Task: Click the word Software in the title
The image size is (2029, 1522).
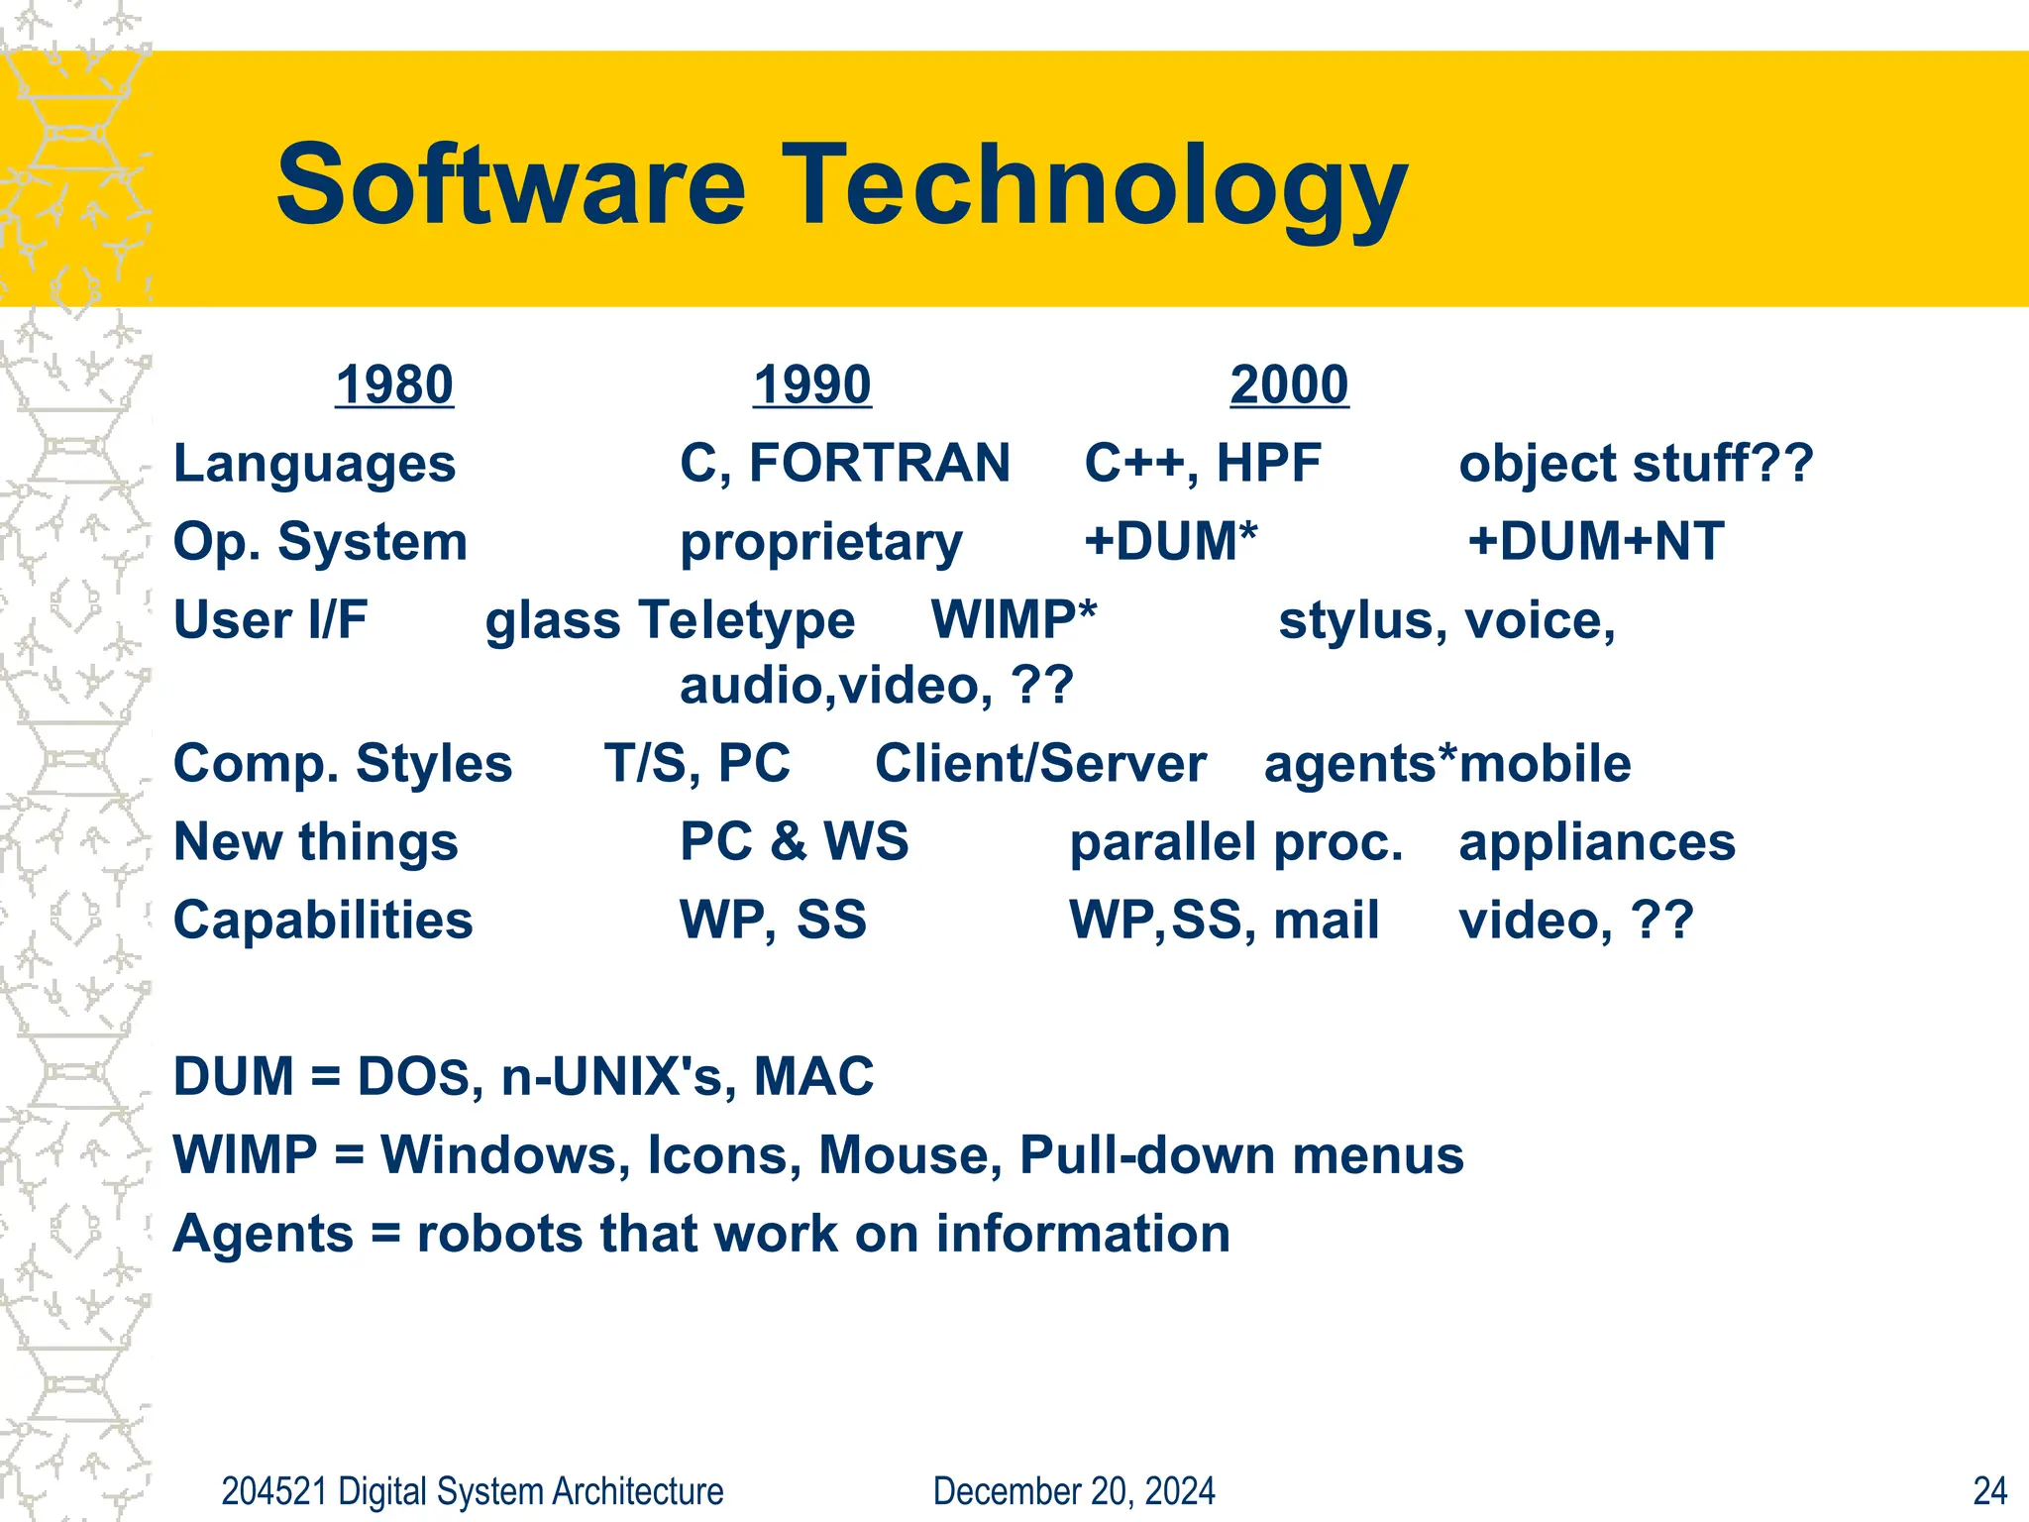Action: [x=510, y=185]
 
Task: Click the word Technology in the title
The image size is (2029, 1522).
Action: [x=1094, y=188]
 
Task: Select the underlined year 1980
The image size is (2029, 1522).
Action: [x=394, y=384]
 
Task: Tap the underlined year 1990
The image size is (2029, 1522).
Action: [x=811, y=384]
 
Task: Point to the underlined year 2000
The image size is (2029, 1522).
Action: [x=1288, y=384]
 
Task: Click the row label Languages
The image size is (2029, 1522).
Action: [x=314, y=464]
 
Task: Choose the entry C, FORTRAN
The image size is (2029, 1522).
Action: [x=844, y=464]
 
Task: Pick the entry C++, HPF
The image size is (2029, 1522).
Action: [x=1203, y=464]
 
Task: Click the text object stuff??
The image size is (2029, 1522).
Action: [x=1636, y=464]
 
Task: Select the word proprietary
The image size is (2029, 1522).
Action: [x=820, y=543]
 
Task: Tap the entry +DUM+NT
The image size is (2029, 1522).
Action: [x=1596, y=542]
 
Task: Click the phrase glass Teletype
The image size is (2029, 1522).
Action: [x=670, y=621]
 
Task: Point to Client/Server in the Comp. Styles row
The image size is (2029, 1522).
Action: [x=1040, y=764]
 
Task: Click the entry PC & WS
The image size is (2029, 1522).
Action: [x=794, y=841]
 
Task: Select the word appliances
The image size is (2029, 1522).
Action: [x=1597, y=843]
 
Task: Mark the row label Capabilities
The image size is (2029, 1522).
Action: [x=323, y=921]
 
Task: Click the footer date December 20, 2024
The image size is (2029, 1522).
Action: [x=1074, y=1491]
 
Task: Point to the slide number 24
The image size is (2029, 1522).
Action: [x=1989, y=1491]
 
